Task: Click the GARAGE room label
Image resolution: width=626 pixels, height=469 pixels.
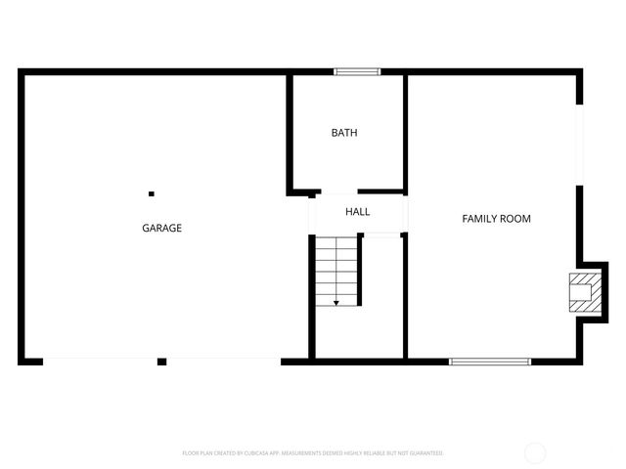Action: (162, 228)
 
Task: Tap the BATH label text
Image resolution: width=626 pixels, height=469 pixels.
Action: (343, 133)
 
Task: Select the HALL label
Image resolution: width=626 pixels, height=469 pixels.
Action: (357, 212)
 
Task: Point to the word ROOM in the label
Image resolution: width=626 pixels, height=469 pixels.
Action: (516, 219)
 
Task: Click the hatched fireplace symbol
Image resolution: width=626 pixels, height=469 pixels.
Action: (583, 291)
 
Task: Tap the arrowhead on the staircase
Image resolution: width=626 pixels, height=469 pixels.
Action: (336, 303)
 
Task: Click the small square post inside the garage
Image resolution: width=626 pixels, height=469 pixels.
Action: (151, 193)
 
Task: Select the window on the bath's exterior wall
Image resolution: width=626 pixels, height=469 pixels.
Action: (356, 71)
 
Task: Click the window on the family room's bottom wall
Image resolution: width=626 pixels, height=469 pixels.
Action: (489, 362)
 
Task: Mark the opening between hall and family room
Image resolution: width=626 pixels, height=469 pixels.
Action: (406, 212)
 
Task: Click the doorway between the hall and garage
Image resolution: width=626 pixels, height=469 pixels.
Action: (312, 212)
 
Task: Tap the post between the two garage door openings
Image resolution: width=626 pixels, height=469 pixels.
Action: (162, 362)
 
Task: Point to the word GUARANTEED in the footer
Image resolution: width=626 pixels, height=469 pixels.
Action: (425, 453)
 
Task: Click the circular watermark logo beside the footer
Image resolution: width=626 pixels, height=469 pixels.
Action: (535, 452)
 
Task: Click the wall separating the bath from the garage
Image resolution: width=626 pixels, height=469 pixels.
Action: (290, 132)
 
